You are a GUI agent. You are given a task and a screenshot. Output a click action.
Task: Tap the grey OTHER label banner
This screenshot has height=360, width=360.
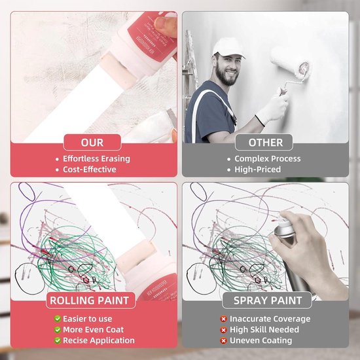click(266, 142)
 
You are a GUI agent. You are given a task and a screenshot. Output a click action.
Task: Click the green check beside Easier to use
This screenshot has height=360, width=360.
click(58, 319)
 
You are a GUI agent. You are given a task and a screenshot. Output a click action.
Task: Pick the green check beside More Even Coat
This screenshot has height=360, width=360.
click(58, 330)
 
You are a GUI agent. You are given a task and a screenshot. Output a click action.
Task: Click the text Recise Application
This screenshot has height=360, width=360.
click(98, 340)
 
